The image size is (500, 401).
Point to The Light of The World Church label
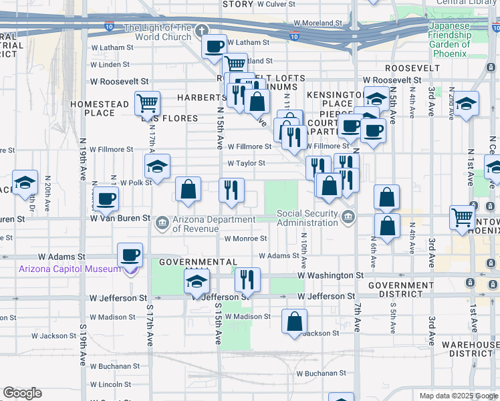(158, 31)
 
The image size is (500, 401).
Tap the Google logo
(22, 392)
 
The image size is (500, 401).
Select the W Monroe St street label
(245, 238)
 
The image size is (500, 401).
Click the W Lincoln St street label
(110, 384)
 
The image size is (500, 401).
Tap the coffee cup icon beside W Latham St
(214, 47)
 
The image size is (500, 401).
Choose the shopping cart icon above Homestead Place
(146, 104)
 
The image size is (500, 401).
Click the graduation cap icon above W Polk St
(157, 166)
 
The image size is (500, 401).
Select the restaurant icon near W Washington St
(247, 279)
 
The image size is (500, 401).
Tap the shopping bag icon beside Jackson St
(294, 322)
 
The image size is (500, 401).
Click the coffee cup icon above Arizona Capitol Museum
(130, 255)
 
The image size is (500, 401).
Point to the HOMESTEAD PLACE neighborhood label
(100, 108)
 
